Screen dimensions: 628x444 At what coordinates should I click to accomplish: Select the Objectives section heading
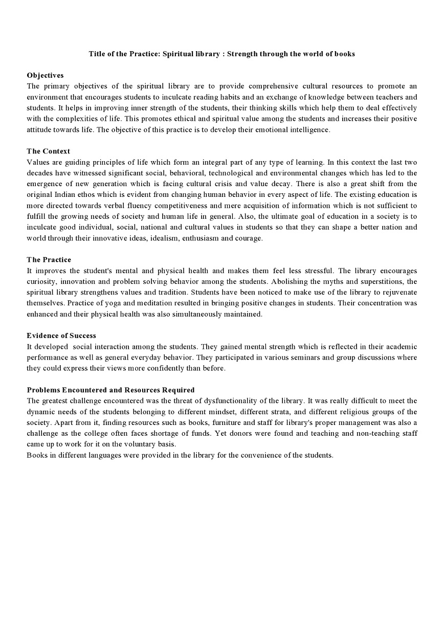(45, 75)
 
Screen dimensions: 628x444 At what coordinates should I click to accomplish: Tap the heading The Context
(49, 151)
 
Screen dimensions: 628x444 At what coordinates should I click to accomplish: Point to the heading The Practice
(49, 260)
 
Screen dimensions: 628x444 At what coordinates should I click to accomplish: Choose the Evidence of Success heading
(61, 335)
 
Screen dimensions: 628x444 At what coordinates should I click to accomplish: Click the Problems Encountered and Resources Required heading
(110, 390)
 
